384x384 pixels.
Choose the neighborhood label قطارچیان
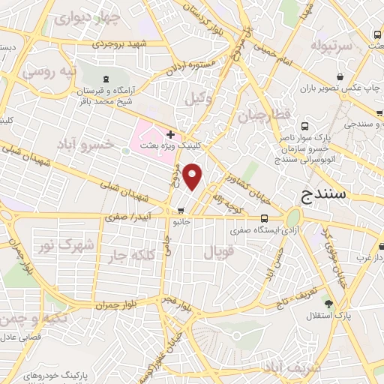262,116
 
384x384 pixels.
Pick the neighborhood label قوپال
219,251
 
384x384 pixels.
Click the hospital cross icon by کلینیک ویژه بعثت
171,135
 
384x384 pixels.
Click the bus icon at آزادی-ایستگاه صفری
262,217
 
